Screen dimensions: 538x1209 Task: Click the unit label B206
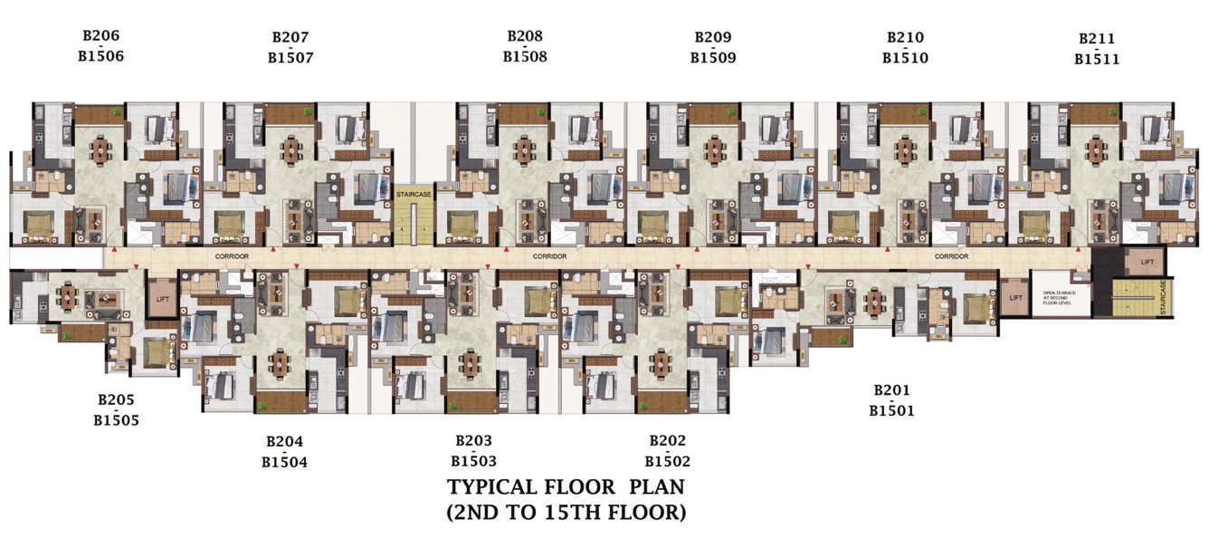click(100, 36)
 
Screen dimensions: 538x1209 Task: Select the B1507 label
click(290, 57)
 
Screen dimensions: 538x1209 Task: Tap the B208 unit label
click(525, 36)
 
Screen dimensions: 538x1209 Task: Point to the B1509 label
click(713, 57)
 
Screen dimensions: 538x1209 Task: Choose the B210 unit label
click(905, 37)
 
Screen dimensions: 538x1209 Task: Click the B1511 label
click(1097, 59)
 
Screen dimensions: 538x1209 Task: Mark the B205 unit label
click(116, 399)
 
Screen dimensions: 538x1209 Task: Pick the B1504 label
click(284, 462)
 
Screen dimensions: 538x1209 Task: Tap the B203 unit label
click(473, 441)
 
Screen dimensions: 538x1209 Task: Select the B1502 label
click(667, 461)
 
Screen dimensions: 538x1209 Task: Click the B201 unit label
click(891, 390)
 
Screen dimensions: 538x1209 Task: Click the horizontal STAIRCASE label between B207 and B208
click(414, 194)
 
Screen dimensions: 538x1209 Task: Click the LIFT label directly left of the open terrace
click(1015, 297)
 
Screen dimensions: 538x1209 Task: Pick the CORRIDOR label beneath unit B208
click(549, 256)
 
